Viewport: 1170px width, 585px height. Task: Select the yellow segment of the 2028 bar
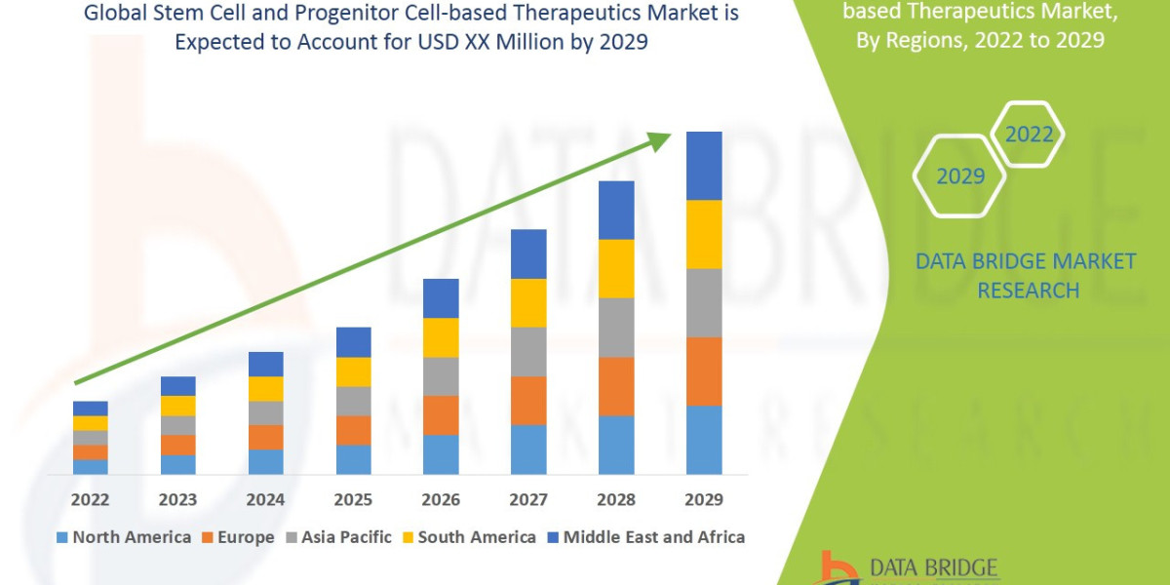click(x=616, y=268)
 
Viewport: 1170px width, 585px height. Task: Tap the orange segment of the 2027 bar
click(x=528, y=400)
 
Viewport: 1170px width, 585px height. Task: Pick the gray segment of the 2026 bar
click(x=441, y=376)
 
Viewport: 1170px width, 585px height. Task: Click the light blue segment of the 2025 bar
click(x=353, y=459)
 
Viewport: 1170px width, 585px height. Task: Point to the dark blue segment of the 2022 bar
click(x=91, y=408)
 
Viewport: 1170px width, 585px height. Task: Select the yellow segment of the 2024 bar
click(x=265, y=388)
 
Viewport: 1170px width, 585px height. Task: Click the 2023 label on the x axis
click(x=177, y=500)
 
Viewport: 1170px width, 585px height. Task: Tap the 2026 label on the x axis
click(x=441, y=500)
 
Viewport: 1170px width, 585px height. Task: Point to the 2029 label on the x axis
click(x=704, y=500)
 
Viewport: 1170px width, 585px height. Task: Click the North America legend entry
click(x=124, y=537)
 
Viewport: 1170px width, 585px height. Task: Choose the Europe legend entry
click(x=239, y=537)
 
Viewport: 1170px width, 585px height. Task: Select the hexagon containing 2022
click(x=1029, y=135)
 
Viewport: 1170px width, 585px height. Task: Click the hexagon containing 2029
click(x=960, y=176)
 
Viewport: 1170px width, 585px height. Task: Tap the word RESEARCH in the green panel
click(x=1028, y=291)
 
